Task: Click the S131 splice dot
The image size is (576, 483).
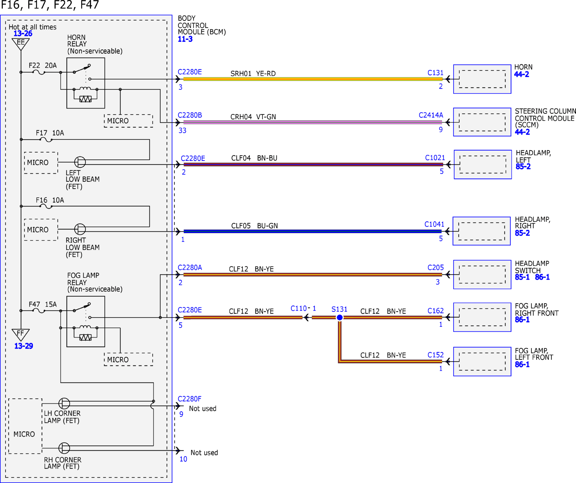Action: (x=340, y=317)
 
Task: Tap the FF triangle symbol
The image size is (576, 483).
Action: (x=21, y=335)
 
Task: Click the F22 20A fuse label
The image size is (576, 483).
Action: (x=43, y=65)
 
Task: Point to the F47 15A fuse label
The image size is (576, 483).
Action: (x=43, y=304)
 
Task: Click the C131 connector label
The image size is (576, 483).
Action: (x=435, y=73)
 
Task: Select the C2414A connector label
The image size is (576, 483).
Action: (x=431, y=115)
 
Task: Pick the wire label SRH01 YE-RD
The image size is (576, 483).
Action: (x=253, y=74)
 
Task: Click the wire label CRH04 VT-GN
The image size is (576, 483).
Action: (x=253, y=117)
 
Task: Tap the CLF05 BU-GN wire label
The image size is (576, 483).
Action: (x=254, y=226)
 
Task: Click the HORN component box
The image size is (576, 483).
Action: (x=482, y=79)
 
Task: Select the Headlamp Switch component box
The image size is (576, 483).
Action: (x=482, y=274)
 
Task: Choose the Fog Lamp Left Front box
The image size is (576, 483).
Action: (x=482, y=362)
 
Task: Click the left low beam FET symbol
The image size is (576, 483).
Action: (x=80, y=162)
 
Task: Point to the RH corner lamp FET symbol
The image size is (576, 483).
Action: (x=64, y=448)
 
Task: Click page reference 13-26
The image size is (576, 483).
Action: (x=23, y=34)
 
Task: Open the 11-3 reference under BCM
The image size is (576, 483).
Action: (x=185, y=39)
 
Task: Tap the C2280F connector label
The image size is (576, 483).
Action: (x=190, y=399)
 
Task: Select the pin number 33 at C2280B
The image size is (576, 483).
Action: (x=182, y=130)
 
